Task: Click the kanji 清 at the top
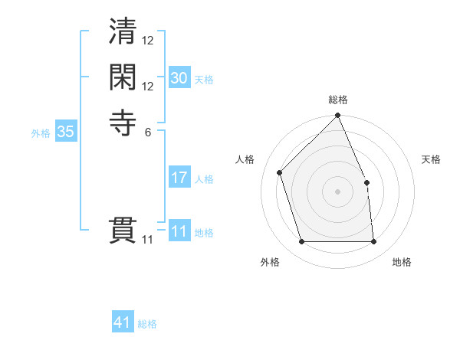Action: point(123,34)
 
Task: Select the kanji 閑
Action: point(123,79)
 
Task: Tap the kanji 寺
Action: point(123,123)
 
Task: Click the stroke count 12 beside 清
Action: point(148,41)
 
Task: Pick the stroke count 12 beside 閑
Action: point(148,86)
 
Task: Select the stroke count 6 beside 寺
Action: point(147,130)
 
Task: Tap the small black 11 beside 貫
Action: point(148,240)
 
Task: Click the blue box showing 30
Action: point(179,78)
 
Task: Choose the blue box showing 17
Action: point(179,178)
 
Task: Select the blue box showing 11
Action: point(179,231)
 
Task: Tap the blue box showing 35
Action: point(65,132)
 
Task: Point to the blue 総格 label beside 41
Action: point(147,324)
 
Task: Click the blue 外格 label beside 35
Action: point(41,133)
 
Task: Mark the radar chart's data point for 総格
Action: point(338,116)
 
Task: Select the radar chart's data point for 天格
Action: point(366,182)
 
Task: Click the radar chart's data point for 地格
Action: point(374,242)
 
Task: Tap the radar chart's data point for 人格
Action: point(280,172)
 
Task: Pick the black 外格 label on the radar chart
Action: point(270,263)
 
